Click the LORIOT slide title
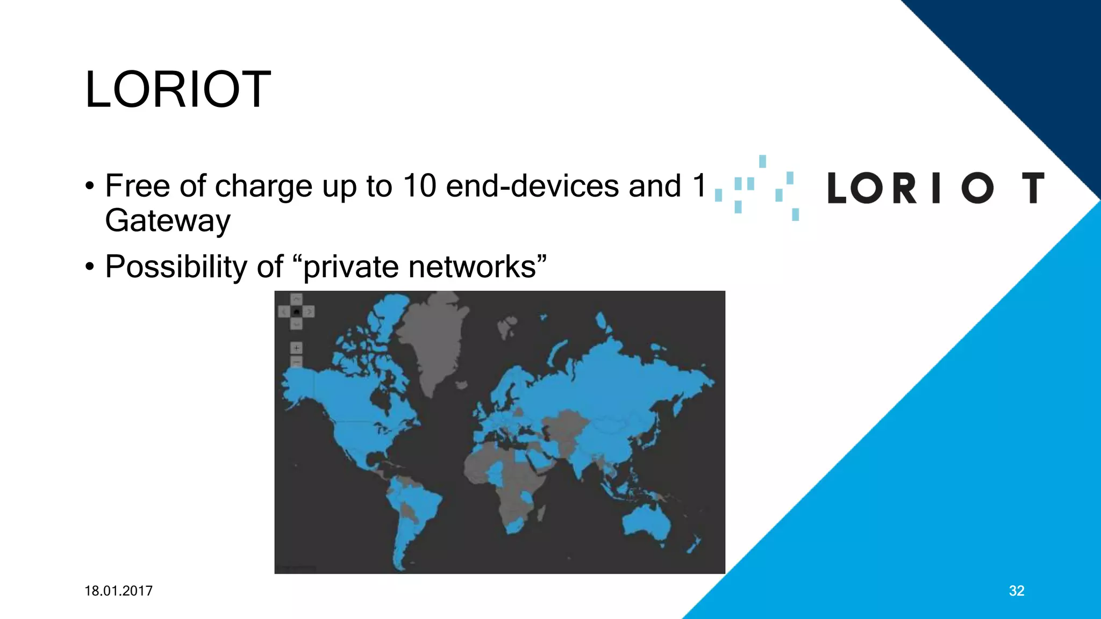pyautogui.click(x=178, y=89)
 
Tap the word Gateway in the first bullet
pyautogui.click(x=168, y=220)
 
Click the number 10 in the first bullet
pyautogui.click(x=419, y=186)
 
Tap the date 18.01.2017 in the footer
pyautogui.click(x=118, y=591)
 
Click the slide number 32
pyautogui.click(x=1016, y=591)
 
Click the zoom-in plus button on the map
pyautogui.click(x=296, y=348)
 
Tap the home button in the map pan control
pyautogui.click(x=296, y=312)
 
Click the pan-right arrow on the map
pyautogui.click(x=309, y=312)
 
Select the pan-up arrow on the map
pyautogui.click(x=296, y=299)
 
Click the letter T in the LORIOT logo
pyautogui.click(x=1033, y=188)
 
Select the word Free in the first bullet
pyautogui.click(x=138, y=186)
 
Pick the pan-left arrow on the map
pyautogui.click(x=284, y=312)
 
